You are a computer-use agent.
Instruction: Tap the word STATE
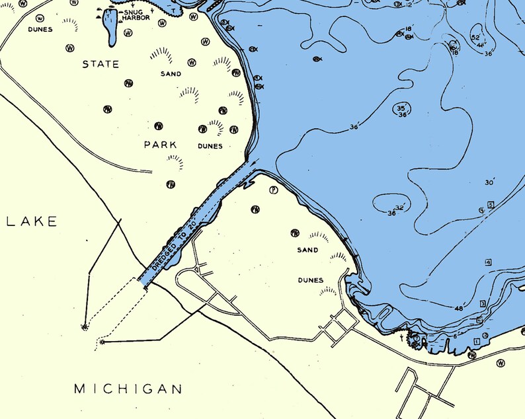pyautogui.click(x=101, y=64)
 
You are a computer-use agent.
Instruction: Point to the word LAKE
pyautogui.click(x=32, y=221)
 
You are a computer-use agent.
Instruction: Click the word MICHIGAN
pyautogui.click(x=128, y=389)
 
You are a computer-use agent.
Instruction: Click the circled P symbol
pyautogui.click(x=273, y=190)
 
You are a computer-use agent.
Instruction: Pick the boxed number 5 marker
pyautogui.click(x=491, y=205)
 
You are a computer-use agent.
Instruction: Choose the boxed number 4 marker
pyautogui.click(x=488, y=262)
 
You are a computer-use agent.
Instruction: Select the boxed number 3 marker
pyautogui.click(x=483, y=303)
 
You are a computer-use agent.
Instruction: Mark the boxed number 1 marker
pyautogui.click(x=476, y=341)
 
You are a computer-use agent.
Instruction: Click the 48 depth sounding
pyautogui.click(x=459, y=309)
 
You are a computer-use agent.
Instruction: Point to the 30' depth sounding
pyautogui.click(x=490, y=182)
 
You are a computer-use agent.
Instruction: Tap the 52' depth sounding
pyautogui.click(x=476, y=38)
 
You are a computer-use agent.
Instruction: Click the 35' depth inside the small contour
pyautogui.click(x=401, y=108)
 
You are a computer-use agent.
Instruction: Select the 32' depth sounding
pyautogui.click(x=399, y=207)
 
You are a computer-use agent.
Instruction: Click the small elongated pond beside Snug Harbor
pyautogui.click(x=110, y=27)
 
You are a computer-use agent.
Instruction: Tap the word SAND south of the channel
pyautogui.click(x=307, y=250)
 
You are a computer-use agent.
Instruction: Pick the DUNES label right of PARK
pyautogui.click(x=210, y=145)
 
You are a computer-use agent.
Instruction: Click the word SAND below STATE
pyautogui.click(x=171, y=74)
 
